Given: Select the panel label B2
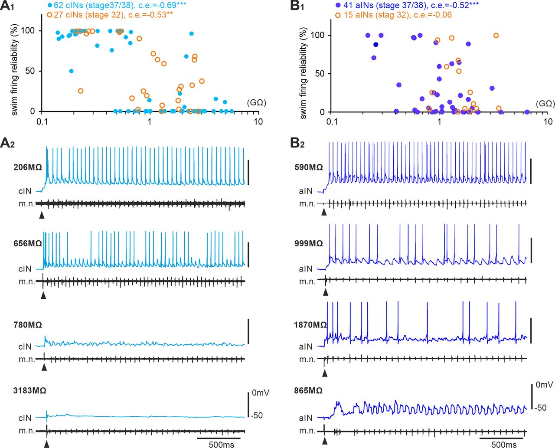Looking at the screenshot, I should (298, 144).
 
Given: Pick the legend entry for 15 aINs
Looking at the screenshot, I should (393, 15).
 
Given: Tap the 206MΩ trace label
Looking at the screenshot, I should (28, 167).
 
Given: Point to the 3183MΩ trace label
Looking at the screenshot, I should (30, 390).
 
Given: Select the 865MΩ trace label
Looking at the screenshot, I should (308, 390).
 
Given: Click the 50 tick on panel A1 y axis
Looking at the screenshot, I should (30, 71).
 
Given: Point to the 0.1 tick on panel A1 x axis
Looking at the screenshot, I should (42, 121).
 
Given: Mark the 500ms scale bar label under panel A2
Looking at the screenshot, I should (221, 445).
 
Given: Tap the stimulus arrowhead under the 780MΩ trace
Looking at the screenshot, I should (44, 367).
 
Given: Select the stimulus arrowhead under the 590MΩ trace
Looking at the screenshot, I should (323, 212).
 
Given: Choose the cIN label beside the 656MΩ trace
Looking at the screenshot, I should (25, 269).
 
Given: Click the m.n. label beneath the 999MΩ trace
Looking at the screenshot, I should (307, 281).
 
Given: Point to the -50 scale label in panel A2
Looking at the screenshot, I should (257, 415).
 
